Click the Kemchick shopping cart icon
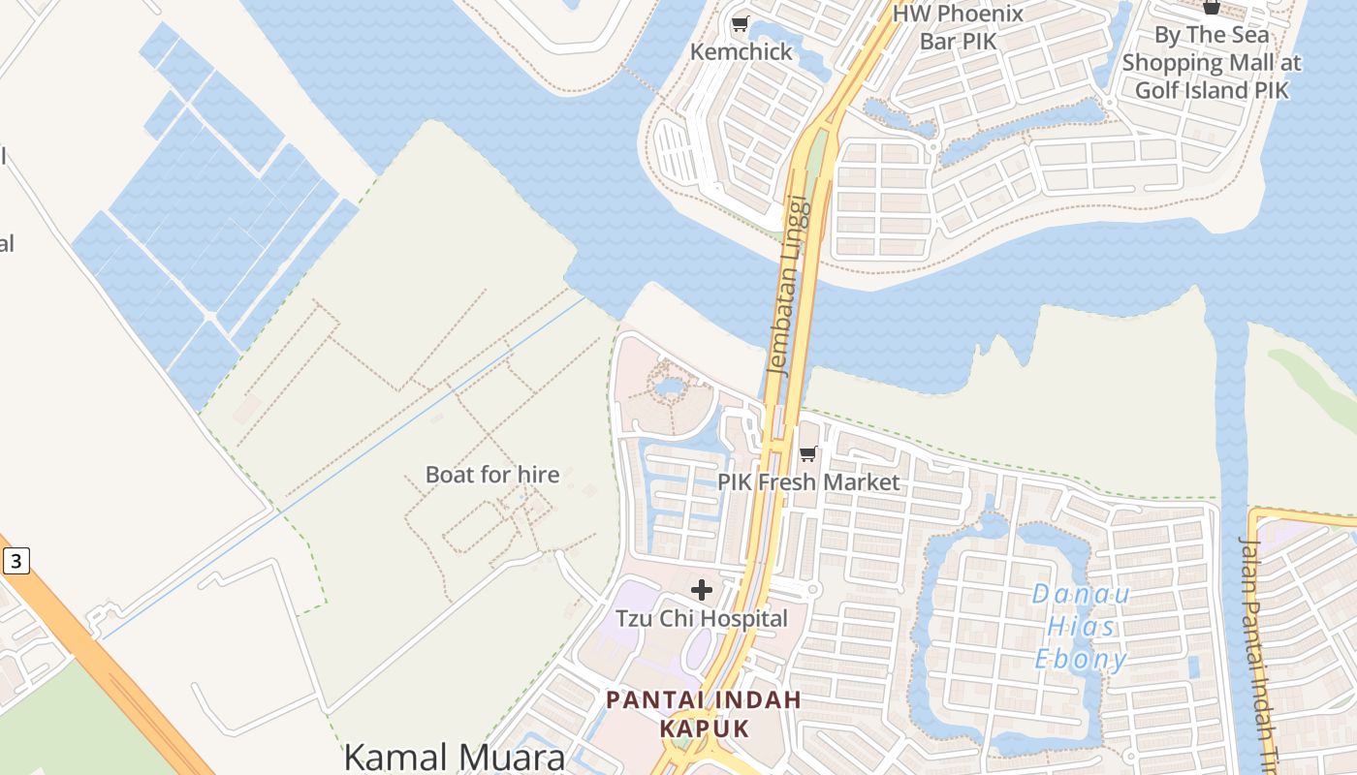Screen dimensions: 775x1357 [x=741, y=24]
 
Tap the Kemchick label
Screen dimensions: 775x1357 [x=742, y=52]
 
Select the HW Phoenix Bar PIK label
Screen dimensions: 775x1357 [x=958, y=27]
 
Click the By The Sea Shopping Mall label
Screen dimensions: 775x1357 [x=1212, y=62]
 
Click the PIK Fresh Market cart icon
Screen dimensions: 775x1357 [x=808, y=453]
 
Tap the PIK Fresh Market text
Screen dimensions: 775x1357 [x=808, y=481]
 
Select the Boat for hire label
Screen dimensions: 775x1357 [x=492, y=475]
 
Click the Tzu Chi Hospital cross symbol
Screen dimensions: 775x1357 [x=702, y=589]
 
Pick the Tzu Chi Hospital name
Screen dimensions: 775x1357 [x=702, y=618]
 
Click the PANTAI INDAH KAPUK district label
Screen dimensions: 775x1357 [x=704, y=713]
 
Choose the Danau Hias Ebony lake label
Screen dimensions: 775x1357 [x=1080, y=627]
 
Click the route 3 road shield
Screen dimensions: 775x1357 [x=16, y=560]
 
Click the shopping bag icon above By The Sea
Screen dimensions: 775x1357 [x=1212, y=7]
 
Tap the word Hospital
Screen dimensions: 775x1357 [x=746, y=618]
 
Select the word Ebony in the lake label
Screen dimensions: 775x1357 [x=1080, y=660]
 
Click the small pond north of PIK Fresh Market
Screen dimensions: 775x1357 [x=668, y=388]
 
